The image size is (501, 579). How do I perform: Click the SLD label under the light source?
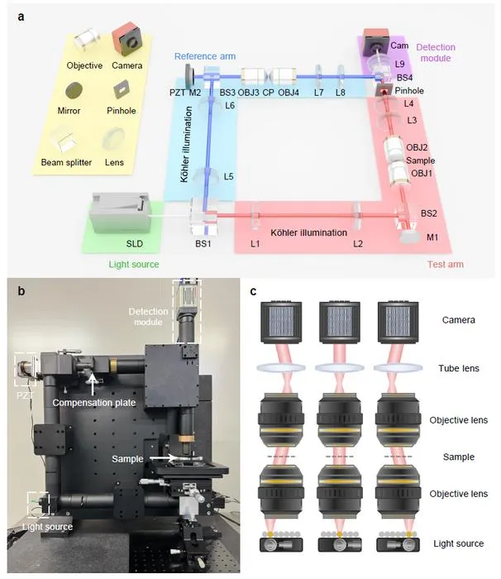[x=135, y=244]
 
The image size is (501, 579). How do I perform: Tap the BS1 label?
[x=203, y=244]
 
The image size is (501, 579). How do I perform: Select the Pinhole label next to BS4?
[x=409, y=90]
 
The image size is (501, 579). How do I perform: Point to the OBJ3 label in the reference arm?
[x=248, y=93]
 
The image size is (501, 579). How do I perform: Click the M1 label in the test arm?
[x=432, y=237]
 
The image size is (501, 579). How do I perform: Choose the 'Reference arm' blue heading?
[x=205, y=56]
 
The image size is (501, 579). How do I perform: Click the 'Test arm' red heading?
[x=446, y=264]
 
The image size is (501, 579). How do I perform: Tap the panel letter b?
[x=21, y=291]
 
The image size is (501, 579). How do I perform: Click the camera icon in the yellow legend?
[x=127, y=38]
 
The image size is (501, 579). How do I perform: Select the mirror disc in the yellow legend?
[x=74, y=91]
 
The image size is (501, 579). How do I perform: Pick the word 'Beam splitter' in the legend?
[x=66, y=162]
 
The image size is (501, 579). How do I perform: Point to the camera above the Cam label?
[x=376, y=41]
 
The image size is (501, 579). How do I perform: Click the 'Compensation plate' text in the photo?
[x=94, y=403]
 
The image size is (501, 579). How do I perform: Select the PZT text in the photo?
[x=25, y=395]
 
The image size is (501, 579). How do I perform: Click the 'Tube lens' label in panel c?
[x=459, y=368]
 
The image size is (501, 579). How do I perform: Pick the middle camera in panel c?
[x=339, y=322]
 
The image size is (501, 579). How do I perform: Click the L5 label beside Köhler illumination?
[x=228, y=176]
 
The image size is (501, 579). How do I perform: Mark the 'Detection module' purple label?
[x=436, y=52]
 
